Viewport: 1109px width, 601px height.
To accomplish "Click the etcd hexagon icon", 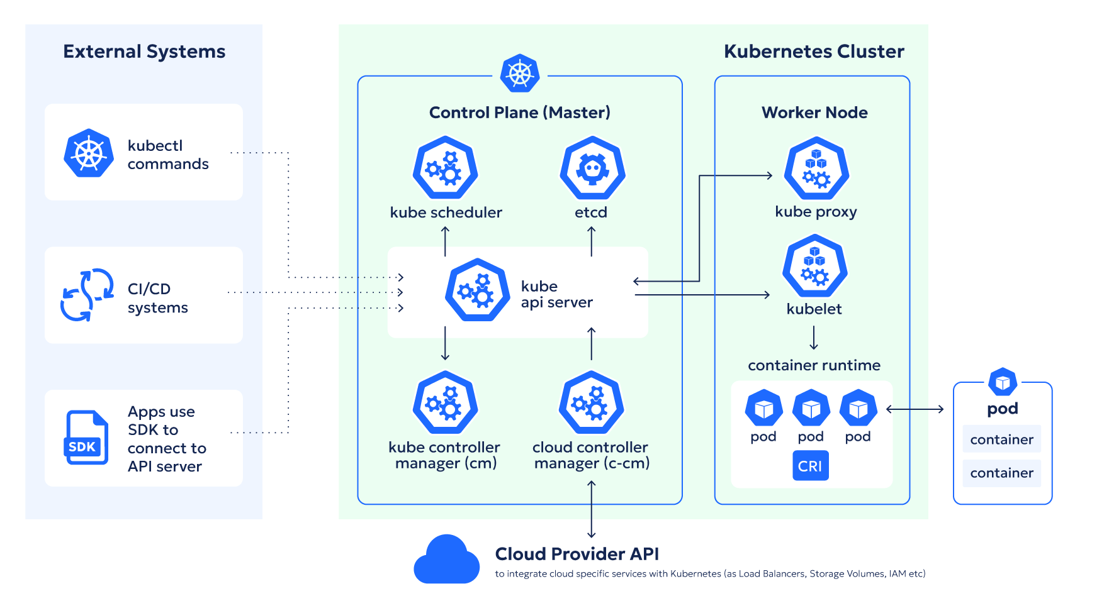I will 592,168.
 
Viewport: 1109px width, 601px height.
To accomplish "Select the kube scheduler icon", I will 445,168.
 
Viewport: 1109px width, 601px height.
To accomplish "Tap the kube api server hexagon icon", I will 478,290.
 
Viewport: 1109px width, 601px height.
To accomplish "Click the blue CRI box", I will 810,466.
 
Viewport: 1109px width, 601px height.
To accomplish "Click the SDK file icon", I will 86,438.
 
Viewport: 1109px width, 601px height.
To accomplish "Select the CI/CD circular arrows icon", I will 87,295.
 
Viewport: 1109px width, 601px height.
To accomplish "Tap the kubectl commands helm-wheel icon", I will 89,153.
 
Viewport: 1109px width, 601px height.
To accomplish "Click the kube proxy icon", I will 816,169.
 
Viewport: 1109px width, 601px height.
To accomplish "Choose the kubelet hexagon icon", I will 814,266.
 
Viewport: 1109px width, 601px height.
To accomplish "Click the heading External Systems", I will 144,52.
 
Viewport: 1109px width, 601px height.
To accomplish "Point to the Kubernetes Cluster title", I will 814,52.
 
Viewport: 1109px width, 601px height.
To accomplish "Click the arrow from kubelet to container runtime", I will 814,338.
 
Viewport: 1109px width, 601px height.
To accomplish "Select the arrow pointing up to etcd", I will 592,241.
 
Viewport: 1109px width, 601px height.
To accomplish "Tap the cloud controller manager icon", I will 592,403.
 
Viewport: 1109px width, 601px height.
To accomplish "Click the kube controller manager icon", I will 445,403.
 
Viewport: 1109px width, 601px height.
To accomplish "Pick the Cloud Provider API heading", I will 577,554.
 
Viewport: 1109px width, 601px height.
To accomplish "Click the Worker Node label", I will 814,113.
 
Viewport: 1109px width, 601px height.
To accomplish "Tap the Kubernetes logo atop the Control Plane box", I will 520,74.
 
